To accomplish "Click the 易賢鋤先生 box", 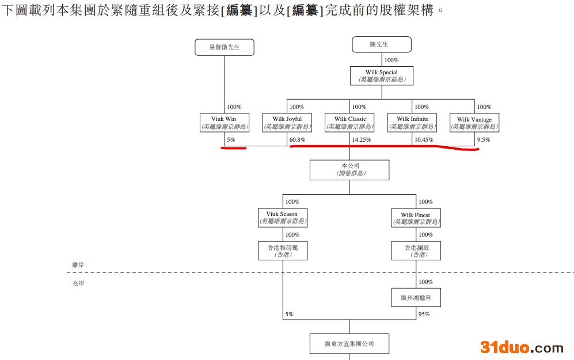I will [x=225, y=47].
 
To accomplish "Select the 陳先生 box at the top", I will [x=382, y=44].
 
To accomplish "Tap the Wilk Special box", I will [x=382, y=76].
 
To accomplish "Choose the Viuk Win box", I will [x=225, y=123].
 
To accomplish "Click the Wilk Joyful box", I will [x=287, y=123].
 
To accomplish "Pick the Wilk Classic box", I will [x=350, y=123].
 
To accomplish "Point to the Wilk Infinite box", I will [x=412, y=123].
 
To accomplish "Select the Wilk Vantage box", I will [x=474, y=123].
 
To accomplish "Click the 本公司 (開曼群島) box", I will [x=349, y=169].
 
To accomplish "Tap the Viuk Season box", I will [x=282, y=217].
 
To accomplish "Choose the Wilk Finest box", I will [x=416, y=218].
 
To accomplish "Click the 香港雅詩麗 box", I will [x=283, y=251].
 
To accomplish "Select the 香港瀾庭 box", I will [x=416, y=251].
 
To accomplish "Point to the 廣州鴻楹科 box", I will [x=416, y=298].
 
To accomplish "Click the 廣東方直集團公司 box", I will [x=349, y=343].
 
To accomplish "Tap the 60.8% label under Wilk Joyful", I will [x=297, y=140].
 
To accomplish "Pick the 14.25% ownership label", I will [x=361, y=140].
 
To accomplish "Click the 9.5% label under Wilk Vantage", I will [x=484, y=140].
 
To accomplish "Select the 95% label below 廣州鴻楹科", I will [x=424, y=314].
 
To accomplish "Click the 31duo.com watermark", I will [x=522, y=347].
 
